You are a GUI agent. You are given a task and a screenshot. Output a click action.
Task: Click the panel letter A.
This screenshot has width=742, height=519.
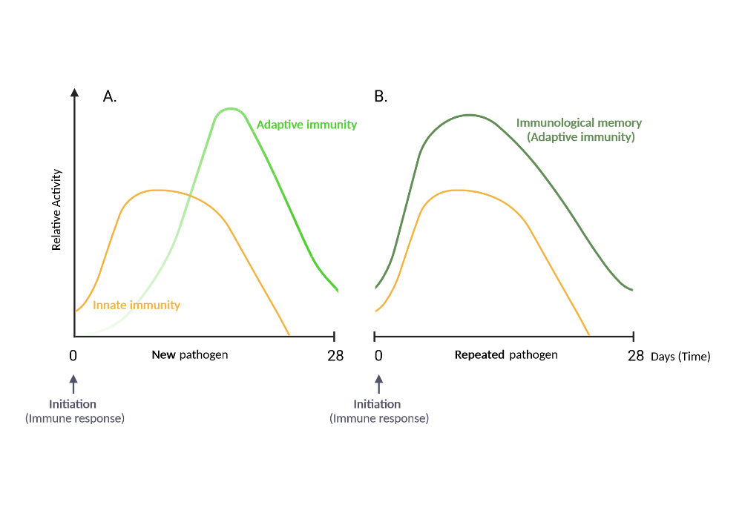coord(109,96)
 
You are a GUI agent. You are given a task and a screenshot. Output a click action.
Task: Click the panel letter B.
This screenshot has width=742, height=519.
coord(381,96)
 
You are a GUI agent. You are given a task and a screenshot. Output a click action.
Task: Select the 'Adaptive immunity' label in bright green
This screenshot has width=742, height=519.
coord(306,125)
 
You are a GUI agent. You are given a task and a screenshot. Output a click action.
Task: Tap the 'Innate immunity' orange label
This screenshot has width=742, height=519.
coord(137,305)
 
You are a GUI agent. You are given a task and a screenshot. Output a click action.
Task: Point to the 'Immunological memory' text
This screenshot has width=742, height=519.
coord(579,123)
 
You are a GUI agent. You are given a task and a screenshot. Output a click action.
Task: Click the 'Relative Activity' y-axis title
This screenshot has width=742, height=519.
coord(57,210)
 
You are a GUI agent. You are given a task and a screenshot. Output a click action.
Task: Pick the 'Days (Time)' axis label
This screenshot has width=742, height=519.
coord(680,357)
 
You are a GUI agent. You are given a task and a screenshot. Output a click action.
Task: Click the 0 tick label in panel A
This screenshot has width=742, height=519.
coord(73,355)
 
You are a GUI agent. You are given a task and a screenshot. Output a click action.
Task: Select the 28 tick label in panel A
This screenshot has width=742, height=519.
coord(335,355)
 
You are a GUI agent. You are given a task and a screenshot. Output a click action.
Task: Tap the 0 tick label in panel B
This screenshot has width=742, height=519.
coord(378,355)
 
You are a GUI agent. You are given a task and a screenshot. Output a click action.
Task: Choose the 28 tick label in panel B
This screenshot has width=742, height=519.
coord(636,355)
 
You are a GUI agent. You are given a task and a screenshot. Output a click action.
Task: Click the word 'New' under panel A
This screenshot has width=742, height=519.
coord(163,354)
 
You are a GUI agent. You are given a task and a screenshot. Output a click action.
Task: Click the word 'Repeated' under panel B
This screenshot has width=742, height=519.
coord(479,354)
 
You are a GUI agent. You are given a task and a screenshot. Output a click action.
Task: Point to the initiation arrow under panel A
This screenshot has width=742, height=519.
coord(73,384)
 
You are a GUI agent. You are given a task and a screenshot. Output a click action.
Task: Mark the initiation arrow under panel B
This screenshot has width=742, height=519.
coord(378,384)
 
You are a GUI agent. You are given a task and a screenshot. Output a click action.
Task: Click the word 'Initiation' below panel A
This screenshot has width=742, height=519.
coord(73,404)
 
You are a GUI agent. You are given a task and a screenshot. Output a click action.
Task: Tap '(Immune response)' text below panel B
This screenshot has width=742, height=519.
coord(378,418)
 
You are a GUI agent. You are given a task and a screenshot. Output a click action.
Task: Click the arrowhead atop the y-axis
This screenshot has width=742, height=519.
coord(74,92)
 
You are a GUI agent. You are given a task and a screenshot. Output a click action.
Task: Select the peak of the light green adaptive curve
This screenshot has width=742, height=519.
coord(231,109)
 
